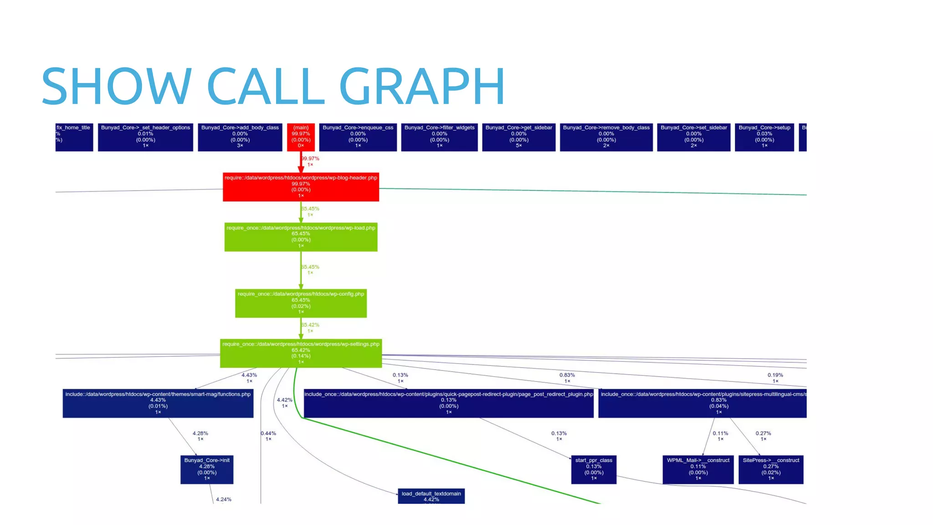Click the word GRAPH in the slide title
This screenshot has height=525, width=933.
pyautogui.click(x=422, y=86)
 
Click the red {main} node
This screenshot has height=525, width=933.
pyautogui.click(x=301, y=137)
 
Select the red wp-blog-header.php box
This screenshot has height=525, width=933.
pyautogui.click(x=301, y=187)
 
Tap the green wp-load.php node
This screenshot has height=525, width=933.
pyautogui.click(x=301, y=237)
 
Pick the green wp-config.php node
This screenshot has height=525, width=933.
pyautogui.click(x=301, y=303)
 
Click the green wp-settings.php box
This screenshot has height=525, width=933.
pyautogui.click(x=301, y=353)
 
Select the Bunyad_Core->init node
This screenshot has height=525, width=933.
pyautogui.click(x=207, y=469)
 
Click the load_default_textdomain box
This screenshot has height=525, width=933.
pyautogui.click(x=431, y=496)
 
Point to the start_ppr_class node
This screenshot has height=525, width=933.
pyautogui.click(x=594, y=469)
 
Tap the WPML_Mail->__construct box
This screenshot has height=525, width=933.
pyautogui.click(x=698, y=469)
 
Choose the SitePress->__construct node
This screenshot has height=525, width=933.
pyautogui.click(x=771, y=469)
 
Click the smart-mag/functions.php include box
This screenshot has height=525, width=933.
pyautogui.click(x=158, y=403)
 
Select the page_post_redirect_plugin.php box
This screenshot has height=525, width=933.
pyautogui.click(x=448, y=403)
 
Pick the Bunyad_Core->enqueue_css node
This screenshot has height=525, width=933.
pyautogui.click(x=358, y=137)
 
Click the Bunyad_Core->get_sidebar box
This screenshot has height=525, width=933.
pyautogui.click(x=518, y=137)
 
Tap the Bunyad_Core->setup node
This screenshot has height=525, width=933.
pyautogui.click(x=764, y=137)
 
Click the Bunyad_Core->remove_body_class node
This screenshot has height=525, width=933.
pyautogui.click(x=606, y=137)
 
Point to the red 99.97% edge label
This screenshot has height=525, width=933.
pyautogui.click(x=310, y=159)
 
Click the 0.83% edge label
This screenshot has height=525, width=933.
pyautogui.click(x=567, y=375)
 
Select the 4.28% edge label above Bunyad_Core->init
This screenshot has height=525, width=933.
pyautogui.click(x=200, y=433)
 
